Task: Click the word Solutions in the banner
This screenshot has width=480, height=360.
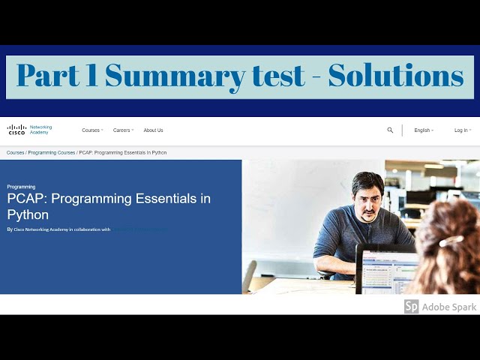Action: (395, 76)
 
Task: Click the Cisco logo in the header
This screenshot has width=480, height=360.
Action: (16, 130)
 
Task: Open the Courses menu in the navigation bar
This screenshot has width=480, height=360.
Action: (91, 130)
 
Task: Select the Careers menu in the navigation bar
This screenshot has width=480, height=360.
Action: (122, 130)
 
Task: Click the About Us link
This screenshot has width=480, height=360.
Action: (153, 130)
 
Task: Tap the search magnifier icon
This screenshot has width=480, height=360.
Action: (390, 130)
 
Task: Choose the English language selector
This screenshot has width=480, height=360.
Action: (423, 130)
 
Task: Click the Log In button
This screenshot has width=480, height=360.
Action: (461, 130)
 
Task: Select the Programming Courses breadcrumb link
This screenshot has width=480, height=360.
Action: (52, 153)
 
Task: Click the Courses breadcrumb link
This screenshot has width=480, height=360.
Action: (15, 153)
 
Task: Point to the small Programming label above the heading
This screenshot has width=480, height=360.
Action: (21, 187)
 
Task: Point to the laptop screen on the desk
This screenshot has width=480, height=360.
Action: (388, 269)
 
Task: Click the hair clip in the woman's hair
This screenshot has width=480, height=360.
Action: (450, 241)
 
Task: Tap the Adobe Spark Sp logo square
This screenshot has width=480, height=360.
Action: (411, 307)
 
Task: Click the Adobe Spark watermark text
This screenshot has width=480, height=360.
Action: (449, 307)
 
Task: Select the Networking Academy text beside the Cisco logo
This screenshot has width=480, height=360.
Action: (40, 130)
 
